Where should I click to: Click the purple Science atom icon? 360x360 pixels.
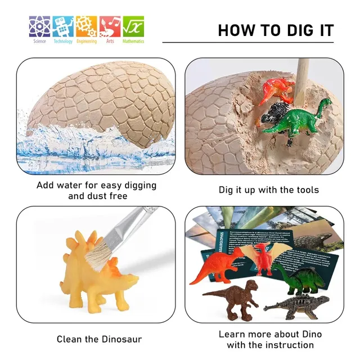click(x=39, y=26)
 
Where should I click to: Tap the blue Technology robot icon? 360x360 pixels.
click(x=63, y=26)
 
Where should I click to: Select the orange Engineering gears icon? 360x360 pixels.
click(x=86, y=26)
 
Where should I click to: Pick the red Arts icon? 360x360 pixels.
click(x=110, y=26)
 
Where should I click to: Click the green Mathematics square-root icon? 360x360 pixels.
click(x=133, y=26)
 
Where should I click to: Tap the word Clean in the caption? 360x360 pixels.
click(x=69, y=339)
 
